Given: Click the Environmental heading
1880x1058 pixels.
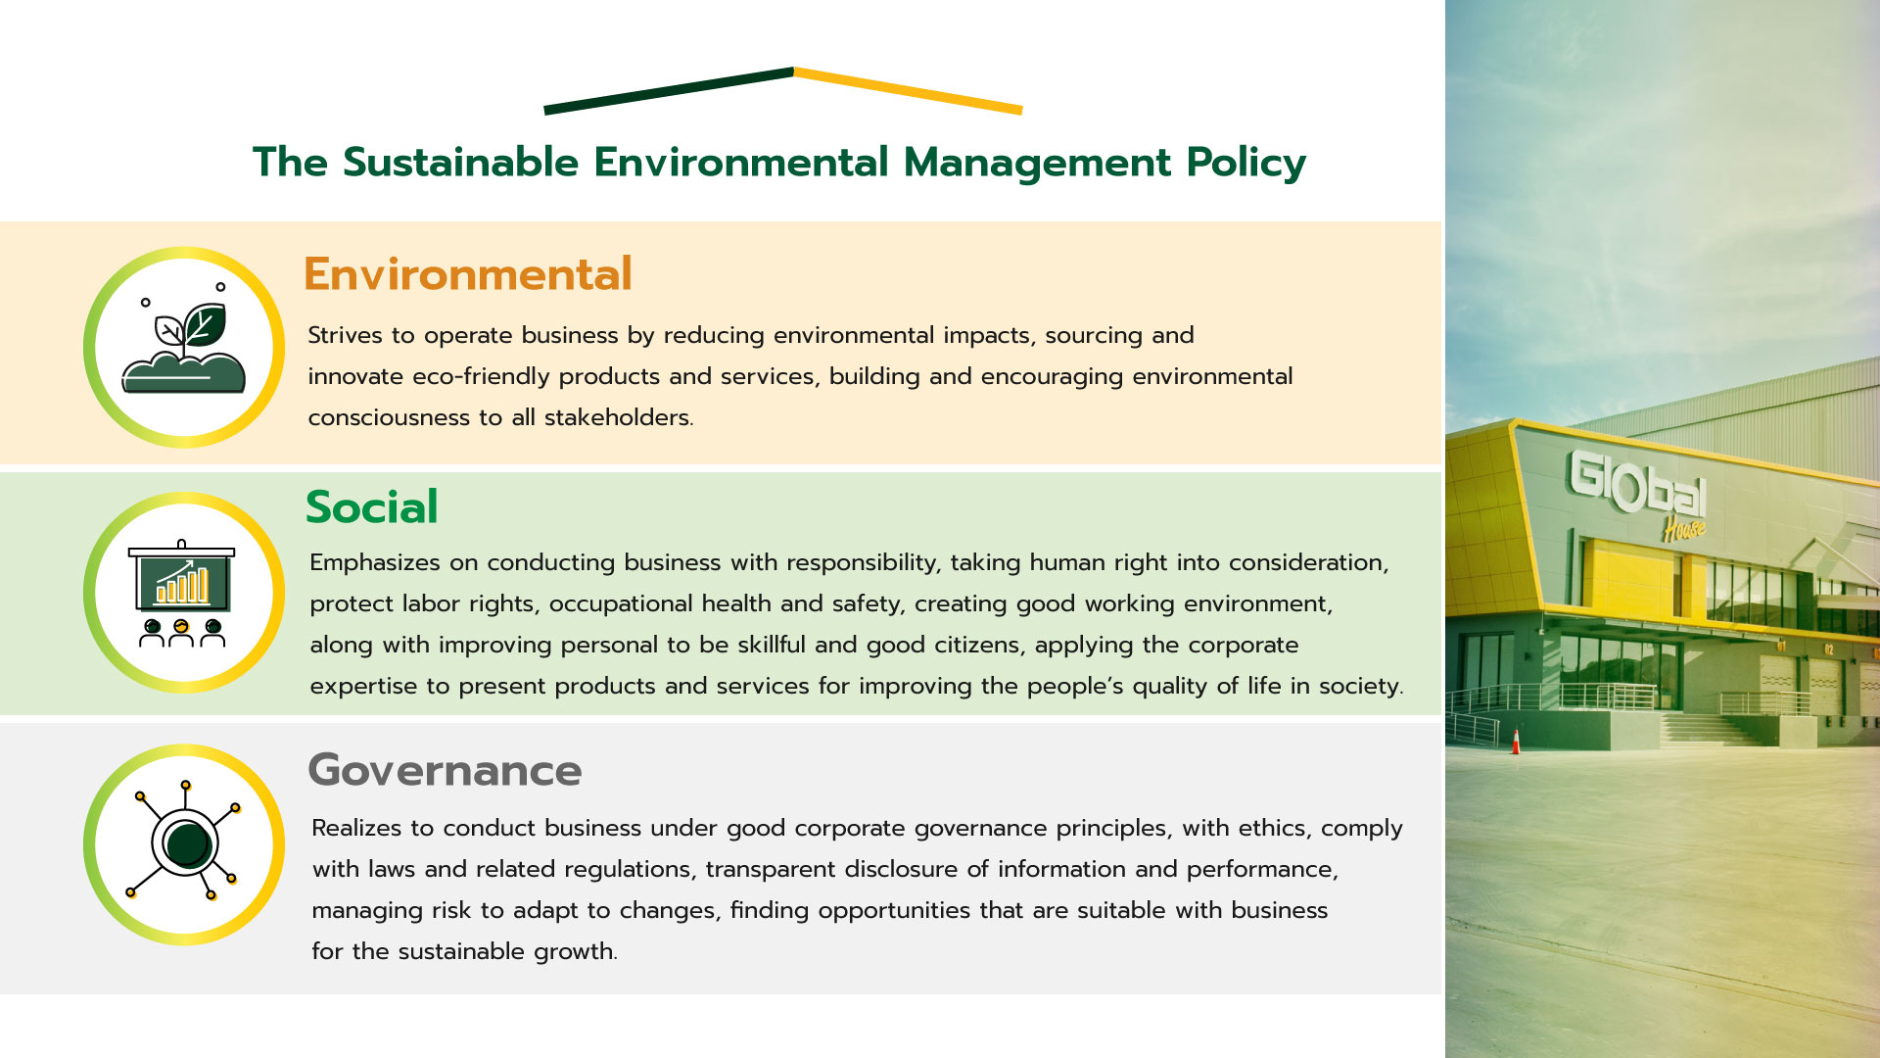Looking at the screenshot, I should [467, 274].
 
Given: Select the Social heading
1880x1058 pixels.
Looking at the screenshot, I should [371, 507].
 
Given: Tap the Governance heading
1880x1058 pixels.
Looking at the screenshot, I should [445, 770].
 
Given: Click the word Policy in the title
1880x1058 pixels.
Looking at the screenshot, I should [1245, 164].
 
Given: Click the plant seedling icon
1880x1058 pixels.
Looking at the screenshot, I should [184, 348].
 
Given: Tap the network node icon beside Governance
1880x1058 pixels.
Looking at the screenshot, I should [185, 843].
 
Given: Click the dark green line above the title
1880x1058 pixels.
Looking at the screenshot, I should [668, 90].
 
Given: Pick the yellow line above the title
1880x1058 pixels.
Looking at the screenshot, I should [908, 90].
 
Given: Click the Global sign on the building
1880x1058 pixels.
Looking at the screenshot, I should [1637, 486].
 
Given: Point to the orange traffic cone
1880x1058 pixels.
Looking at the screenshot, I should [1516, 742].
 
